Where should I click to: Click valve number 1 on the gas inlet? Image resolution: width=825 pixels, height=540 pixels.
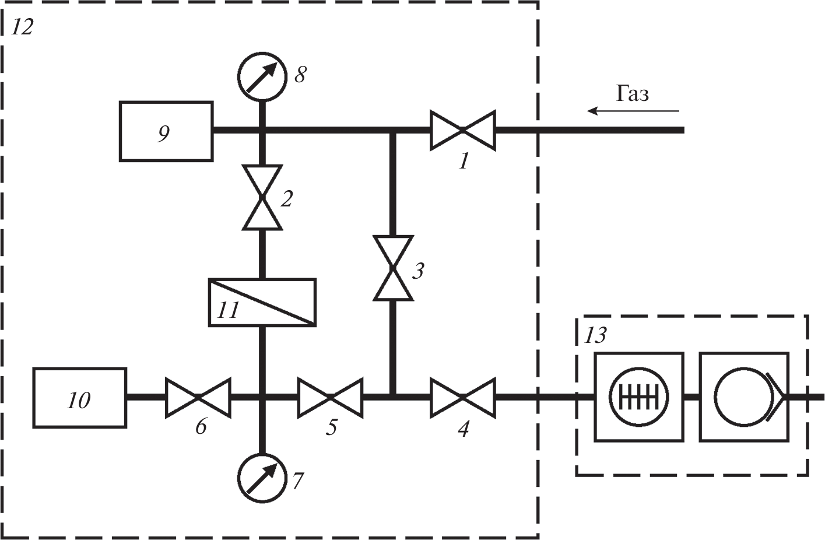(462, 130)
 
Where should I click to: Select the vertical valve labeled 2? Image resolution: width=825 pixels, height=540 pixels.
(262, 197)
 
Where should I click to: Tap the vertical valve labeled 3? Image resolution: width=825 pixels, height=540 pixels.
(393, 268)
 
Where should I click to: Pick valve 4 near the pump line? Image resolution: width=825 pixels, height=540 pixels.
(462, 398)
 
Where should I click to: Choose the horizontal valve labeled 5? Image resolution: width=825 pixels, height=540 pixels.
(330, 398)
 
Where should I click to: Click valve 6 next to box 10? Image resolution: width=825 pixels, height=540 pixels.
(198, 398)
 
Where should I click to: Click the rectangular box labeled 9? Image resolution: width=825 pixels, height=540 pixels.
(166, 131)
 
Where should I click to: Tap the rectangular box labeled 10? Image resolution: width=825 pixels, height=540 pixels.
(79, 398)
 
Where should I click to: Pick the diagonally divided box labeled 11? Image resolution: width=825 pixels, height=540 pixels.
(262, 302)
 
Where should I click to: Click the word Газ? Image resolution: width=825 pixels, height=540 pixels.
(633, 94)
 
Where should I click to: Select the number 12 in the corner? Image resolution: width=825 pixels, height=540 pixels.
(22, 27)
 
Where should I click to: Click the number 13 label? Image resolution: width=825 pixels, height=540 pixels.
(595, 335)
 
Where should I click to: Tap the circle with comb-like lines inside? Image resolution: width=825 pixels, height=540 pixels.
(638, 397)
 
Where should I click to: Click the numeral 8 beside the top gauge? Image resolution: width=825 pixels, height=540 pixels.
(300, 75)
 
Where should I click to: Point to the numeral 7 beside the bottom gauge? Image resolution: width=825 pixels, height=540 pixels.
(297, 481)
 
